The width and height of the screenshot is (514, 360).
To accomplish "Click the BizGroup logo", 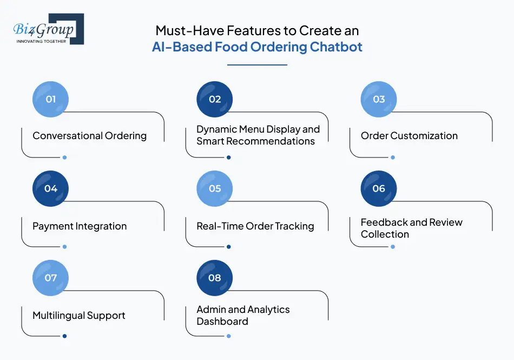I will [48, 29].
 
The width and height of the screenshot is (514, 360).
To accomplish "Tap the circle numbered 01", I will [51, 99].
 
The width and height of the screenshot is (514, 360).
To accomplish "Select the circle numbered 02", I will [215, 99].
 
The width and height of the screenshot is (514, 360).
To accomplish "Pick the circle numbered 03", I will [379, 99].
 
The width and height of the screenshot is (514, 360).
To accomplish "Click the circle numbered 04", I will [51, 188].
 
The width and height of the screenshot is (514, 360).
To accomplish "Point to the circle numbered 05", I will [215, 188].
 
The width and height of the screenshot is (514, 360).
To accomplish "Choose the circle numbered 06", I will [379, 188].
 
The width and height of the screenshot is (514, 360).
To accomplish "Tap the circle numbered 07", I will [51, 278].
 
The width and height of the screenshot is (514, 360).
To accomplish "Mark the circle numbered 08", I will [215, 278].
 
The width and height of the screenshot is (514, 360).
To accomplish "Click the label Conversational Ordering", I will [89, 136].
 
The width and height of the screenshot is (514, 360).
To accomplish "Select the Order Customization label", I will [409, 136].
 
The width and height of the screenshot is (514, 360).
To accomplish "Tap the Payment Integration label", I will [80, 226].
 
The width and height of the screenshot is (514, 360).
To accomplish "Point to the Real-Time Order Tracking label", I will [255, 226].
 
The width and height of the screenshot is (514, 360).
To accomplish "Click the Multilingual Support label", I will [79, 316].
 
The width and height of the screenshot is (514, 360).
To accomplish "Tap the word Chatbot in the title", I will [335, 47].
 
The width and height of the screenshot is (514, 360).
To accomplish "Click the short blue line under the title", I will [257, 65].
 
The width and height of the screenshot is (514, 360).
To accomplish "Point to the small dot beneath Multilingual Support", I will [64, 336].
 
